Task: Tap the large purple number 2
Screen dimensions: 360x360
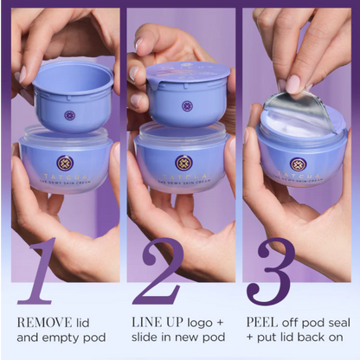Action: click(157, 271)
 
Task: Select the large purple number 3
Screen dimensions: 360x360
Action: click(271, 271)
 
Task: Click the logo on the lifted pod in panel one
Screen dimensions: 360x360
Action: click(69, 115)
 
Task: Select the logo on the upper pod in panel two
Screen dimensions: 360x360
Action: click(187, 106)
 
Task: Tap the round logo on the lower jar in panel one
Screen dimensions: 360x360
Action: click(66, 162)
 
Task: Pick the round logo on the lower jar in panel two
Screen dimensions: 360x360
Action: click(183, 162)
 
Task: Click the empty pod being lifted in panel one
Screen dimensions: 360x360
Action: click(68, 95)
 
